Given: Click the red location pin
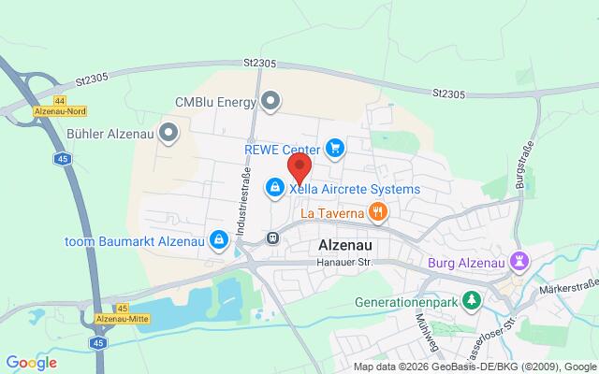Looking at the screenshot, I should click(x=299, y=168).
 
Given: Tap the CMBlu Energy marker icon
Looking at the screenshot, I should click(x=271, y=100).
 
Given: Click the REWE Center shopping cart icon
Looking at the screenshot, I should click(x=335, y=148).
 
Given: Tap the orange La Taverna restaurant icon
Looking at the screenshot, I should click(x=377, y=212).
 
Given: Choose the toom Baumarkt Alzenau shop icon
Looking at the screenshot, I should click(x=217, y=240).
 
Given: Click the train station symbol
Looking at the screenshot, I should click(x=272, y=237).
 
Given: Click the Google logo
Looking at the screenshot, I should click(x=31, y=363).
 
